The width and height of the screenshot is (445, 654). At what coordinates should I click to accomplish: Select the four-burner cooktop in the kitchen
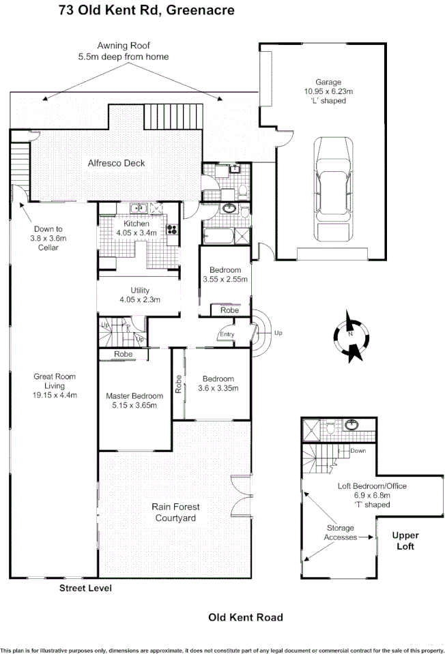point(170,231)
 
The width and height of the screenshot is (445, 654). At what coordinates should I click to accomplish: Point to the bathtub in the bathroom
point(217,235)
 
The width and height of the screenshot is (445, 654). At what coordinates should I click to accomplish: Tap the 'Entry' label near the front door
point(226,334)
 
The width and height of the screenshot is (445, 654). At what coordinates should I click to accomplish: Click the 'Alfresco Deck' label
point(116,163)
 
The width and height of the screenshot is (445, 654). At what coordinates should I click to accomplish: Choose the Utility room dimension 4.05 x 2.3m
point(139,299)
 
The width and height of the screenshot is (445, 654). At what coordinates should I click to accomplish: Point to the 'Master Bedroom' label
point(134,396)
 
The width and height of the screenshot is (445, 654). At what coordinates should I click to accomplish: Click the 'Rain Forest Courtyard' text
point(175,512)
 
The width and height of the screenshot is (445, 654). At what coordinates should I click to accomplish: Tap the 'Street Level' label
point(85,588)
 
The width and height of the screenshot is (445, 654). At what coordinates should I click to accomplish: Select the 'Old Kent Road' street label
point(245,617)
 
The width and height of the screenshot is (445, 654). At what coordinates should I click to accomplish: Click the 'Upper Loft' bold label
point(405,541)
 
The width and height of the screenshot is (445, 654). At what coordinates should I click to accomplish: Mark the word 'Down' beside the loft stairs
point(358,451)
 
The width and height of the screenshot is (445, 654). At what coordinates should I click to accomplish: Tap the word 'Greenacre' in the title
point(199,10)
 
